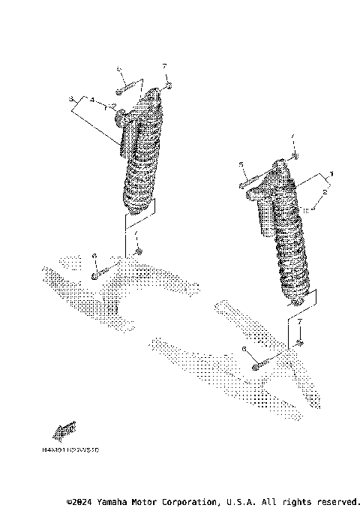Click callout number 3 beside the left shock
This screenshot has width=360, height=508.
tap(70, 99)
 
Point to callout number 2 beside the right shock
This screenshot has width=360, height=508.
tap(324, 192)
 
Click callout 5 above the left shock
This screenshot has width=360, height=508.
tap(118, 69)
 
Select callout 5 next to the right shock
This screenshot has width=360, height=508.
tap(241, 164)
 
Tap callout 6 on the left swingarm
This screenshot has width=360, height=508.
tap(94, 257)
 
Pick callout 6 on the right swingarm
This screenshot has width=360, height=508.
tap(244, 349)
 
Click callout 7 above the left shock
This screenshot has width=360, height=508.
tap(164, 68)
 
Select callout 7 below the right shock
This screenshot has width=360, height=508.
tap(300, 321)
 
